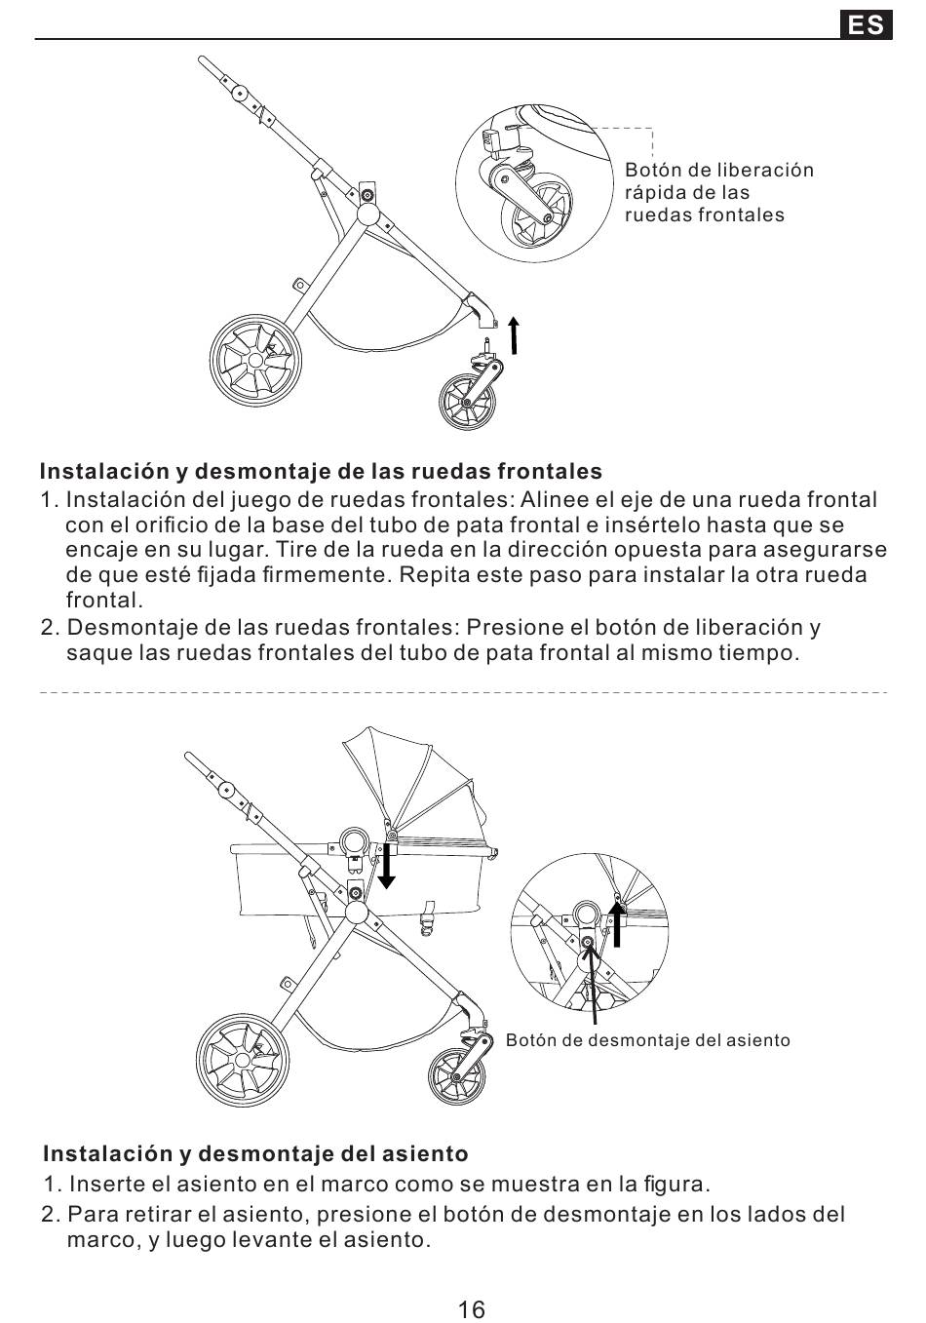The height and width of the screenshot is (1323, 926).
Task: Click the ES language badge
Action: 866,24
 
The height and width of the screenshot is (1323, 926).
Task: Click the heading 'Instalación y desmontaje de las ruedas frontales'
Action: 321,472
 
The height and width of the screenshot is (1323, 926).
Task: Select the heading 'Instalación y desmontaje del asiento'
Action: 255,1154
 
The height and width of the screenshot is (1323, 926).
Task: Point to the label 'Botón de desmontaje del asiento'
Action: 647,1040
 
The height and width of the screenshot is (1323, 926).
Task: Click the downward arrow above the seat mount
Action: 387,867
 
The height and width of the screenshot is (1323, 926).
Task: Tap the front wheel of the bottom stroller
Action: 456,1077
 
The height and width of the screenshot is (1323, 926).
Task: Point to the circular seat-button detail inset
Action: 589,931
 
